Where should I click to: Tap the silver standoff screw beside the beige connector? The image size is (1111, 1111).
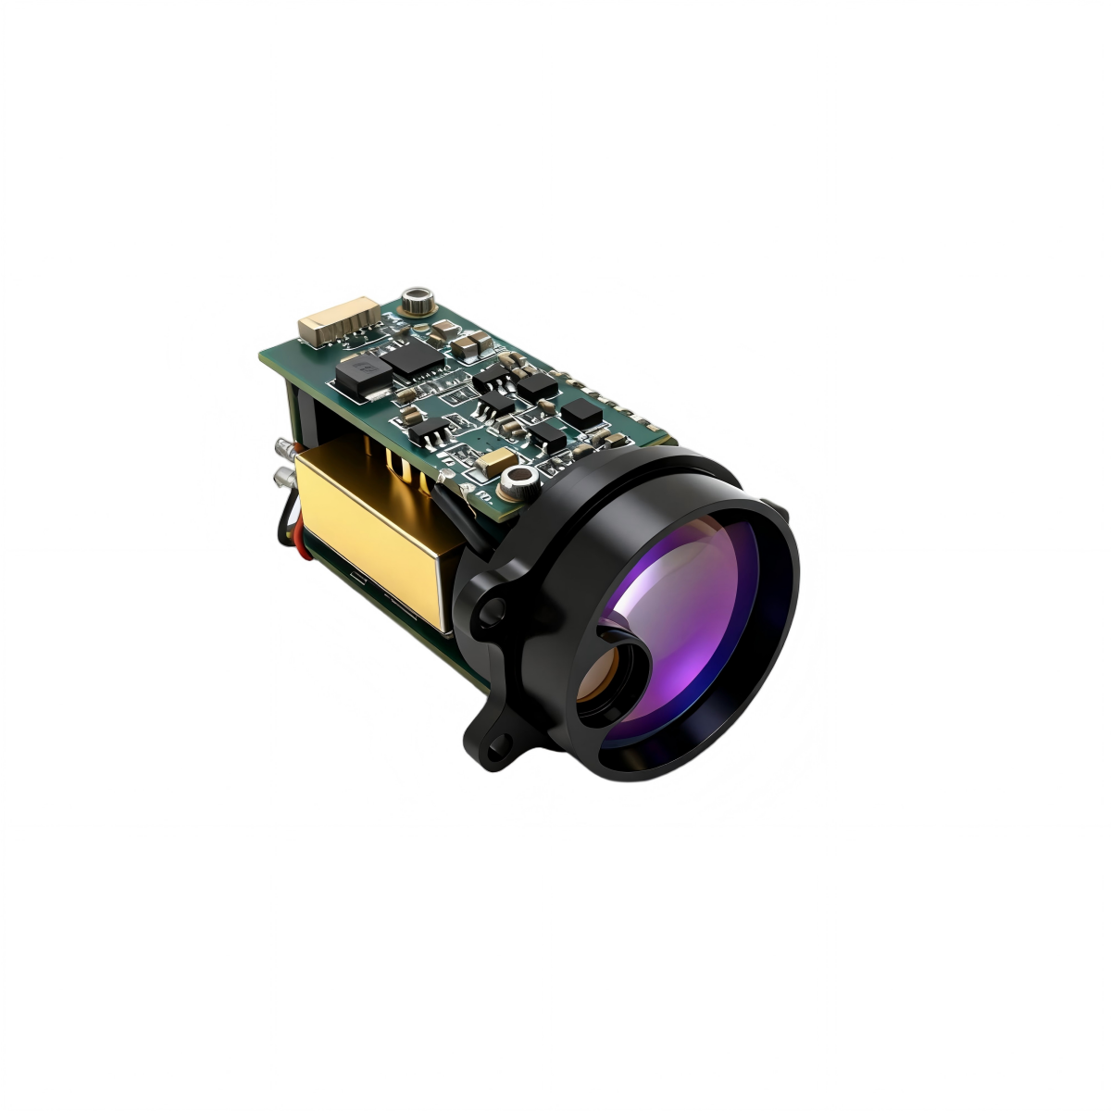click(x=418, y=301)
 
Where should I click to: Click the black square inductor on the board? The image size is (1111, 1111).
click(x=361, y=376)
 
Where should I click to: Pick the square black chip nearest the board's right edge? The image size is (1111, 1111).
click(x=582, y=413)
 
